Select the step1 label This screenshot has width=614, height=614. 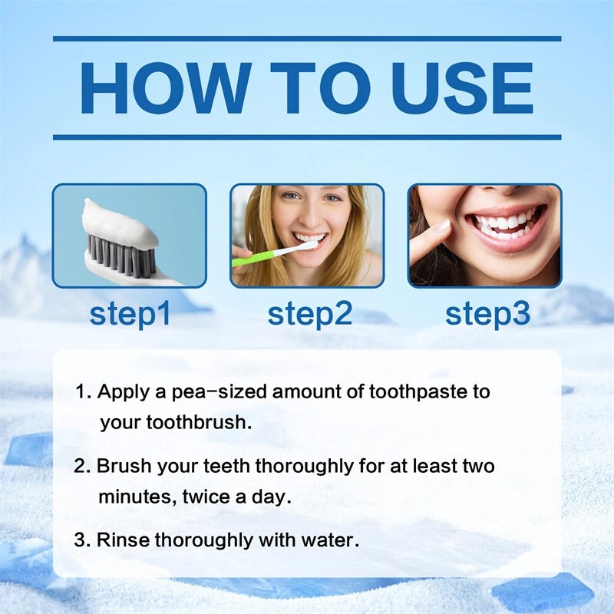click(x=130, y=313)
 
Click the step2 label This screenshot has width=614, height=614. click(x=309, y=313)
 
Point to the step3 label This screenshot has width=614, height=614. click(x=487, y=313)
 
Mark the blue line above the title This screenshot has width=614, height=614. click(x=307, y=38)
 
